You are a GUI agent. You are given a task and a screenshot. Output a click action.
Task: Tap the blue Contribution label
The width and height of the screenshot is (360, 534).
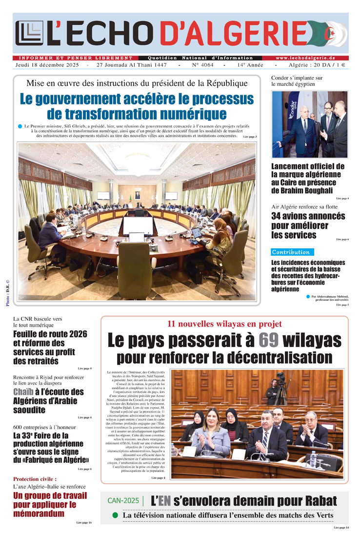point(292,252)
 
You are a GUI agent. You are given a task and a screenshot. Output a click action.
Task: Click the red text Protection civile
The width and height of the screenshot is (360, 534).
point(35,479)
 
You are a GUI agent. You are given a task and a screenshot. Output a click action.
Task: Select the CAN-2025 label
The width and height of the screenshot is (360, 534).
point(123,501)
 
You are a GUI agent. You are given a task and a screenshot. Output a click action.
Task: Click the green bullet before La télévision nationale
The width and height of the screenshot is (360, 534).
point(115,515)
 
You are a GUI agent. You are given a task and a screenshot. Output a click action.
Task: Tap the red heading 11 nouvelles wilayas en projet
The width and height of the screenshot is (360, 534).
point(224,324)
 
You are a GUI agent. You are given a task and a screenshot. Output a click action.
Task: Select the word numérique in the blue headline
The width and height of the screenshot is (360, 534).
point(197,114)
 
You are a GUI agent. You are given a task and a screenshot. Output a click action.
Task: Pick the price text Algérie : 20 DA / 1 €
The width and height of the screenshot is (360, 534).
point(320,65)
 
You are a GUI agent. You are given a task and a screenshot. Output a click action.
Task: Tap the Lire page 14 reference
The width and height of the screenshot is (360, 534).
point(341,528)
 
